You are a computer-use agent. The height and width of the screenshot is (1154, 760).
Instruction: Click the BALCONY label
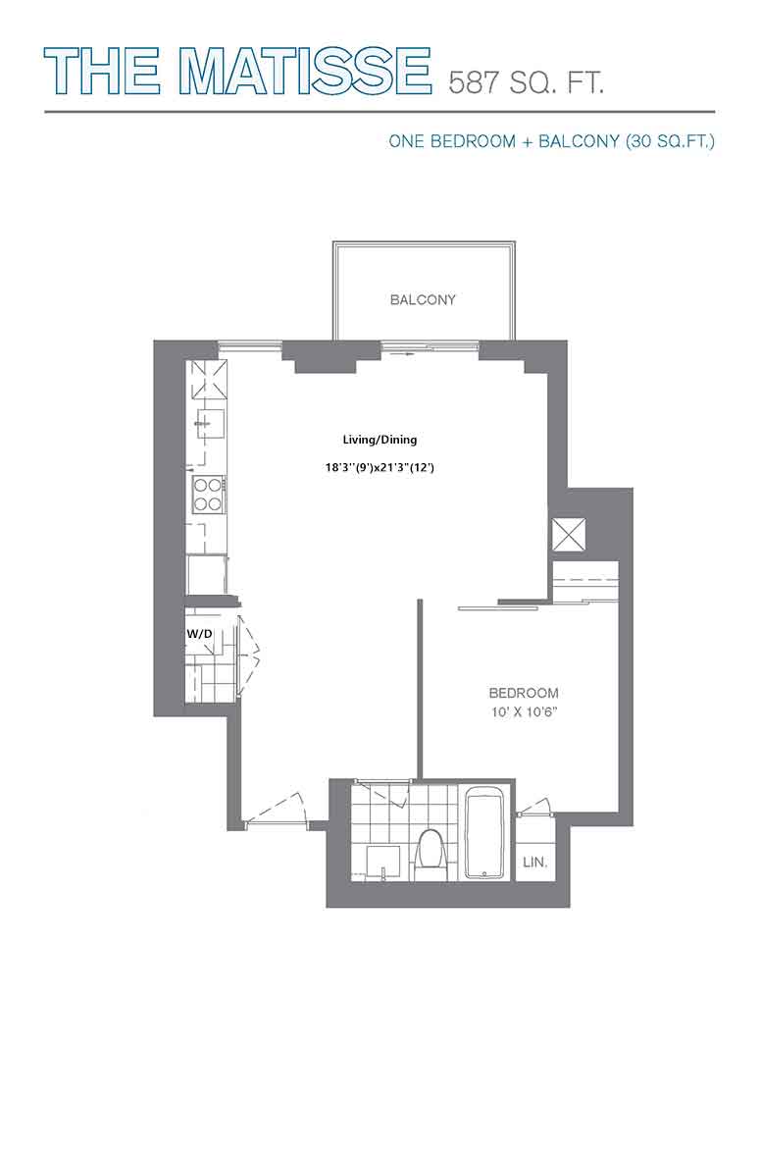click(423, 299)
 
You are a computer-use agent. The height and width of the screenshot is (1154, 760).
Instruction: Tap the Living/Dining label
click(380, 440)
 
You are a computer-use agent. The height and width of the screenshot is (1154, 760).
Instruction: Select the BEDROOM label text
click(524, 693)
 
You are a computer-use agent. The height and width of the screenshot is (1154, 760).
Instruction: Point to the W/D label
click(199, 632)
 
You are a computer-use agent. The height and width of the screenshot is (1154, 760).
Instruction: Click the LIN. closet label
click(534, 862)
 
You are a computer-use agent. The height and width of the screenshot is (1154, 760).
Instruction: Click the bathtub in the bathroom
click(484, 832)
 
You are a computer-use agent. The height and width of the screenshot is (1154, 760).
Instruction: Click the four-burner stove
click(209, 495)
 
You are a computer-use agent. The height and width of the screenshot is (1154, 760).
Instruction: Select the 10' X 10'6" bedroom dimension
click(524, 711)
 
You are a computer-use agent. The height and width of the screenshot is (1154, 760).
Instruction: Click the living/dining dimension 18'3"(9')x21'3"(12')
click(380, 467)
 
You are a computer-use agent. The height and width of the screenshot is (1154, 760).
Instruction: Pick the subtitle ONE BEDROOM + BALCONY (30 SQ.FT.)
click(552, 141)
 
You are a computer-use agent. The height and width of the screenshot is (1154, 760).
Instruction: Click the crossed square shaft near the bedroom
click(570, 534)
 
